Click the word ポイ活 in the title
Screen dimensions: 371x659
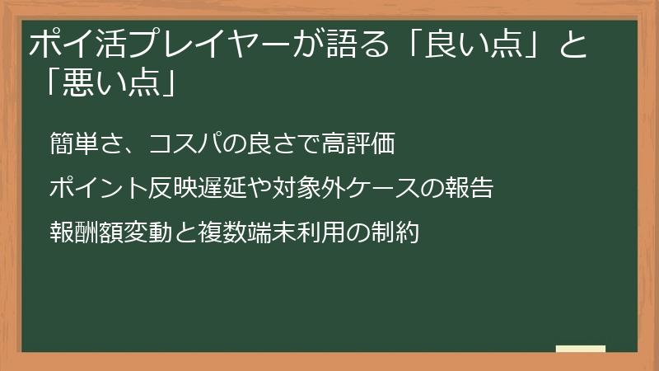tap(72, 45)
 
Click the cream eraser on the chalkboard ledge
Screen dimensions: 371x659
tap(580, 350)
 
